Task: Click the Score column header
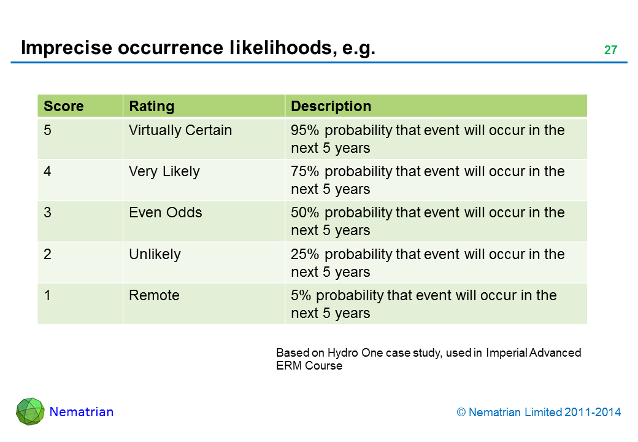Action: click(63, 106)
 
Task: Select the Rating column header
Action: click(152, 107)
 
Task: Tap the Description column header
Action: click(331, 107)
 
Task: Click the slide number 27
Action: click(610, 50)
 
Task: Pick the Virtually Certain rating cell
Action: click(180, 130)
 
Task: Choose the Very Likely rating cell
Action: click(164, 172)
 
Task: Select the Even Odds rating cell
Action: click(165, 212)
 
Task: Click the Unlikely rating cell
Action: click(155, 254)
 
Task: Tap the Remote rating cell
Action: click(154, 295)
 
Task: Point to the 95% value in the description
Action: click(305, 130)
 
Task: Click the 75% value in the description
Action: click(305, 171)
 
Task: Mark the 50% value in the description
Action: click(305, 212)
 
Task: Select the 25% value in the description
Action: click(305, 254)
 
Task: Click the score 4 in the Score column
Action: click(47, 171)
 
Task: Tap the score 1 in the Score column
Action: click(47, 295)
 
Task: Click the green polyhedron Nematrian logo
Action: click(30, 411)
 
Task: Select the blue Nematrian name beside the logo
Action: click(82, 412)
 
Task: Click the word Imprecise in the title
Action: click(66, 48)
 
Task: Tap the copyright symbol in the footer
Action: click(461, 413)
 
